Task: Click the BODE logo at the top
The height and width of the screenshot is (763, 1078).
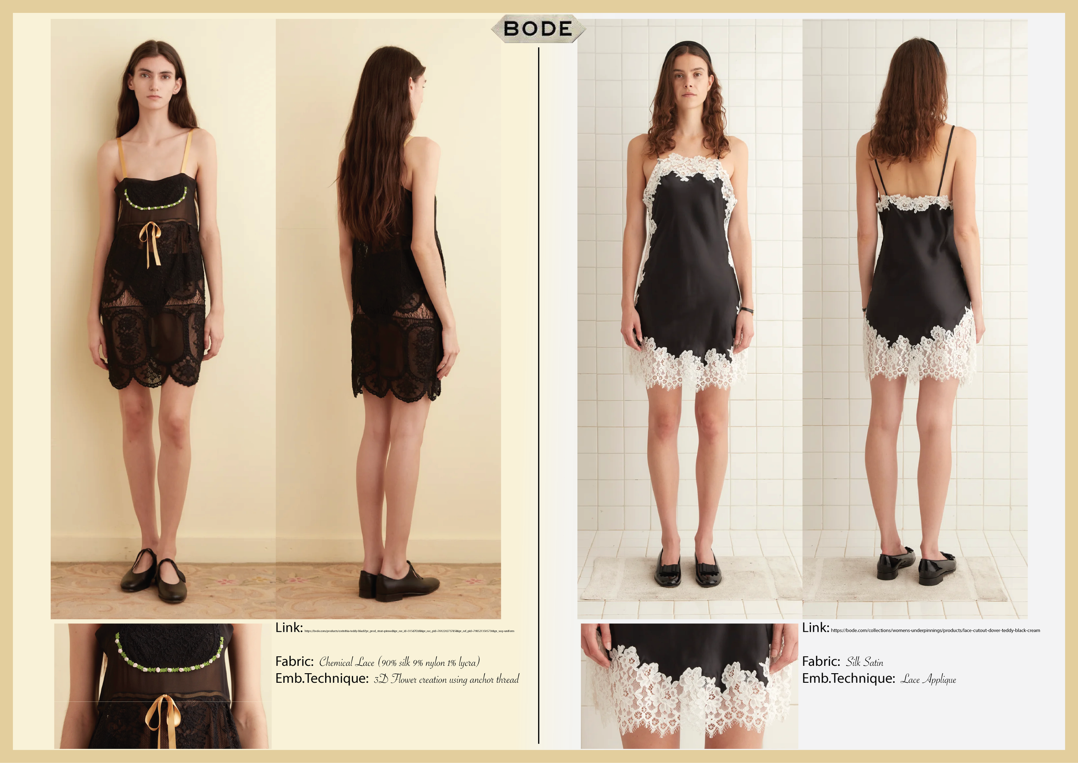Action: tap(538, 28)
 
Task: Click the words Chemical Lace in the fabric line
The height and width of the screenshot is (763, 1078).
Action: tap(347, 662)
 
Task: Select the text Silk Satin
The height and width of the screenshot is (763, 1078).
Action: tap(865, 662)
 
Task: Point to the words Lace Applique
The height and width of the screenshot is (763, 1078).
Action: tap(928, 679)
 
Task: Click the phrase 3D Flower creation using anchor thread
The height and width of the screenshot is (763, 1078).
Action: tap(446, 679)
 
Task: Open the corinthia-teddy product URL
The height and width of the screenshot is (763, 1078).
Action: tap(409, 631)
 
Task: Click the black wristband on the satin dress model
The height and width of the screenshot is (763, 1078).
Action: tap(746, 310)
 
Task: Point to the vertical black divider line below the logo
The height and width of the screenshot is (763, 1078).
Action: tap(539, 376)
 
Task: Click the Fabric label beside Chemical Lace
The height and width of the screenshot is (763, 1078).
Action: tap(295, 662)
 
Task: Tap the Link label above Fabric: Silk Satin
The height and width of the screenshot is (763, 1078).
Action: tap(815, 627)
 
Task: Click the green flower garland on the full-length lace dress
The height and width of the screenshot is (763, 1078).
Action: tap(155, 202)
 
